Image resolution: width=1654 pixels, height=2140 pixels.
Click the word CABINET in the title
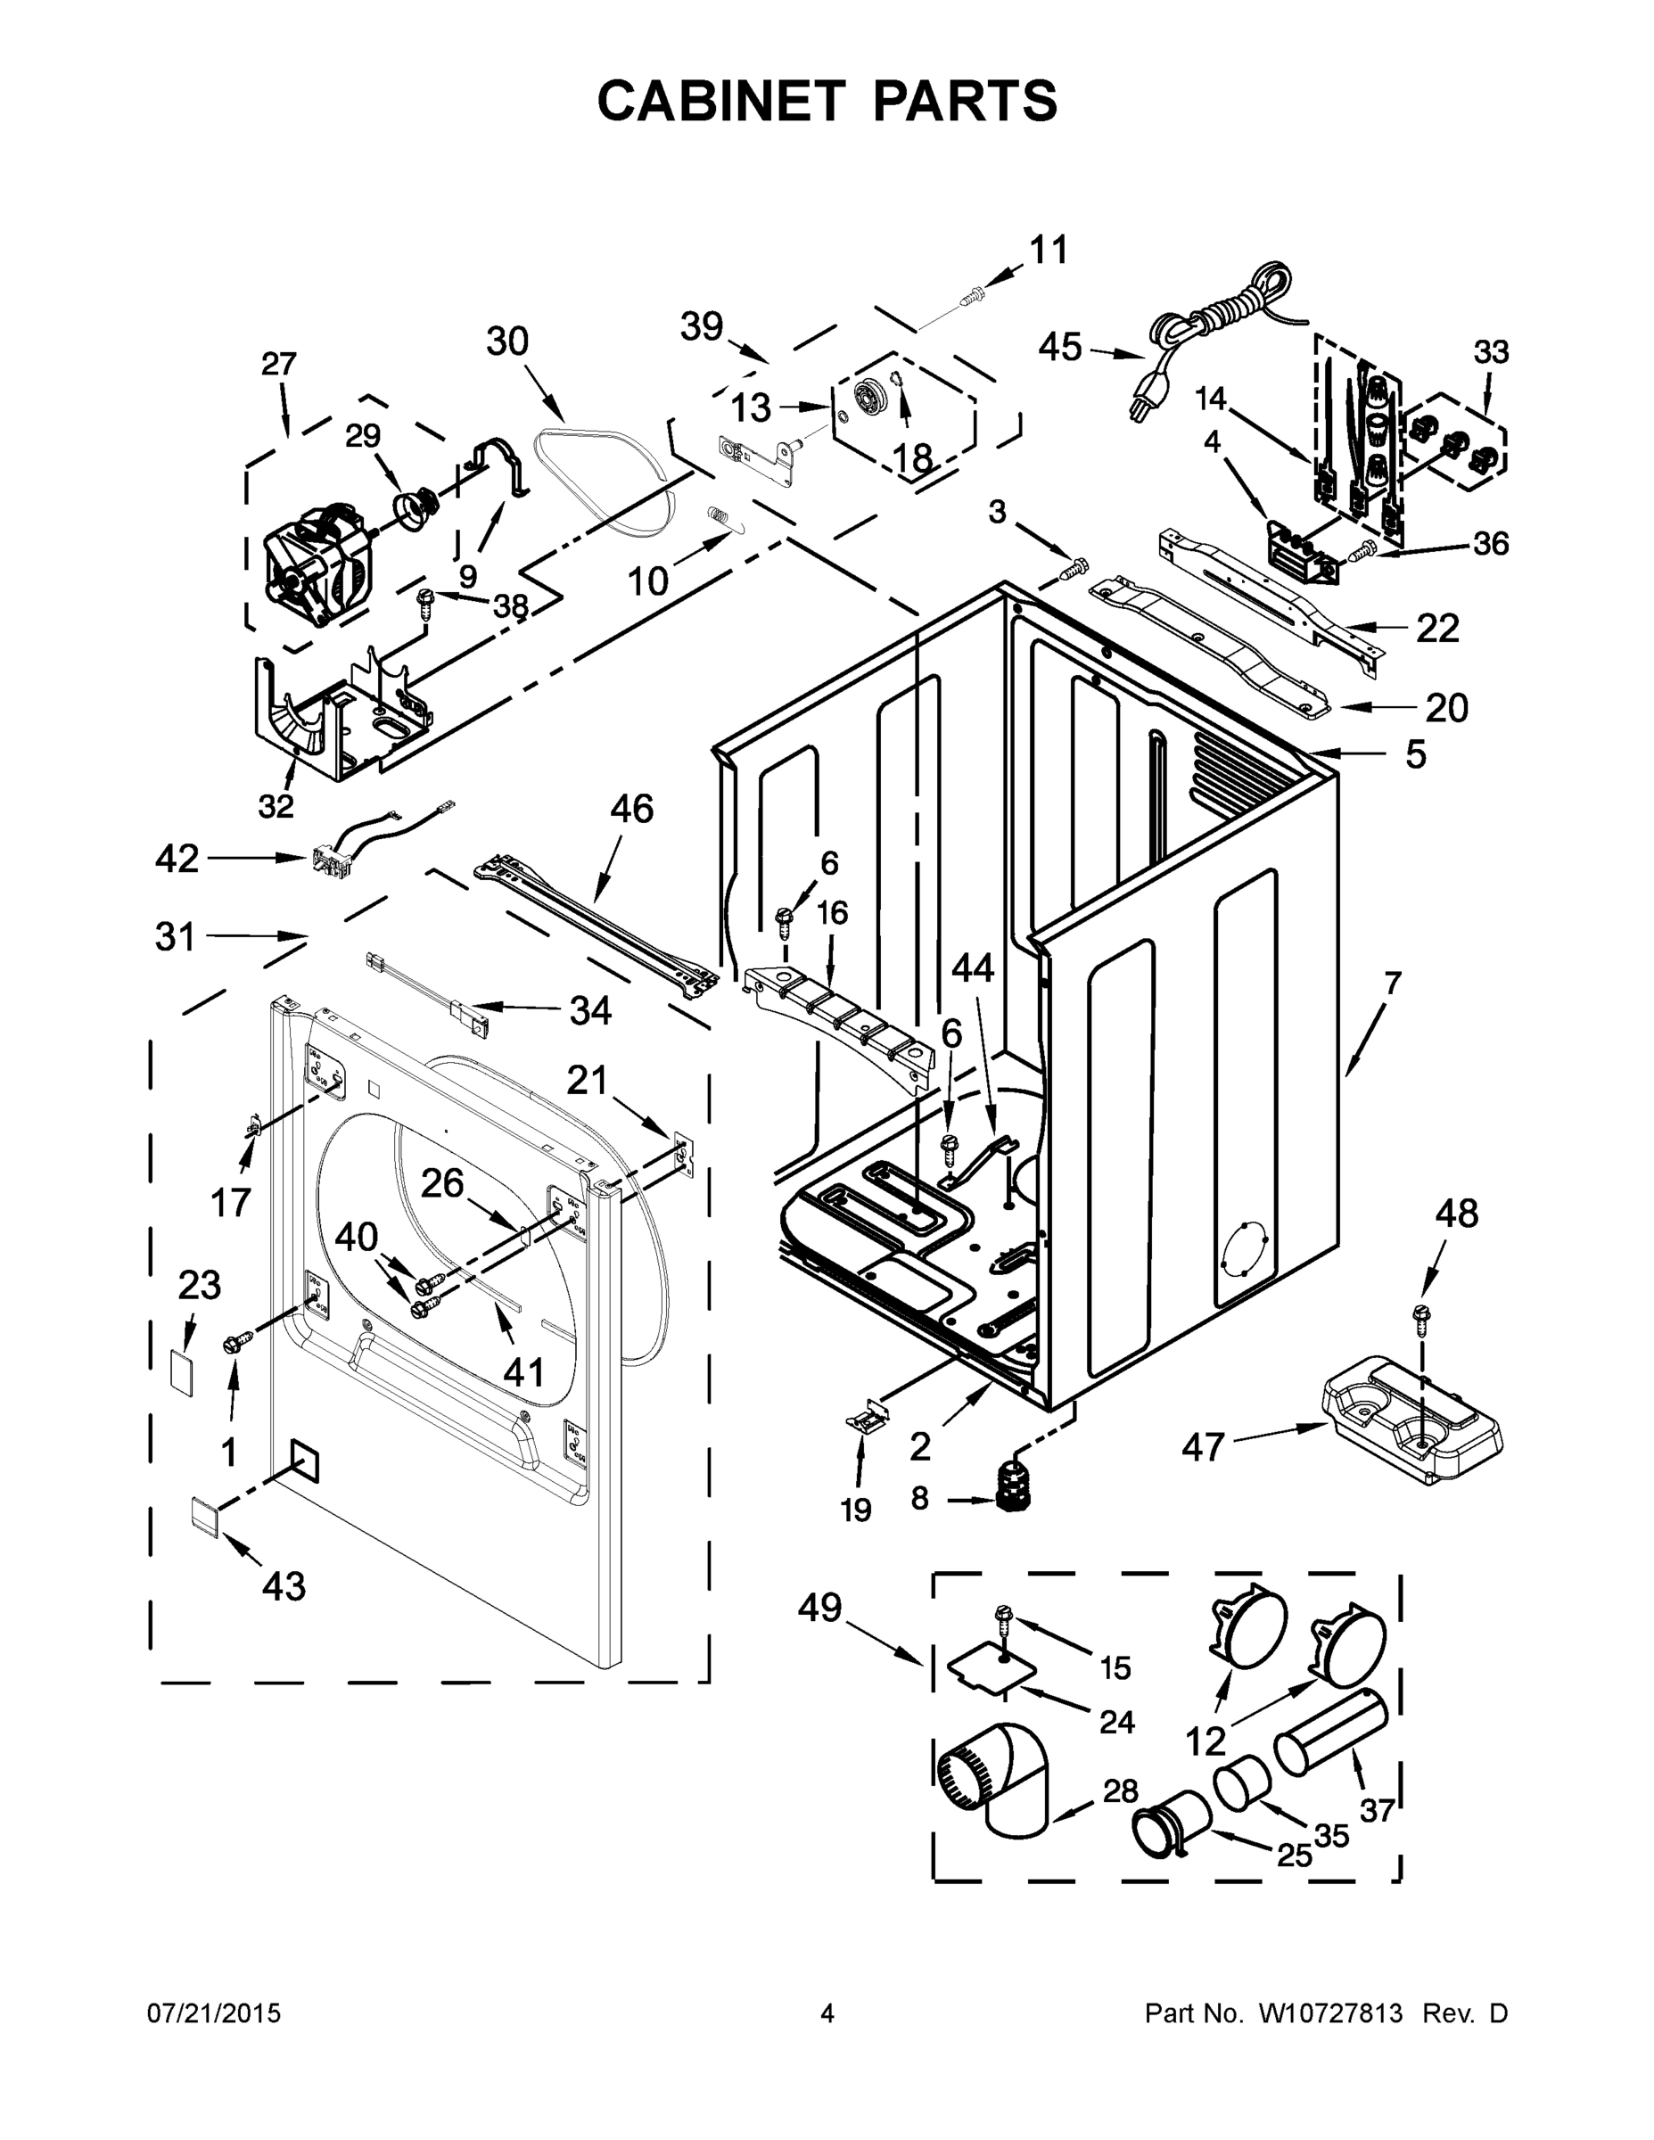tap(720, 101)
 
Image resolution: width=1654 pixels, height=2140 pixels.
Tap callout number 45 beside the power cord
tap(1060, 346)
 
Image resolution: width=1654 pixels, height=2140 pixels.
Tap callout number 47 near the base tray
tap(1202, 1446)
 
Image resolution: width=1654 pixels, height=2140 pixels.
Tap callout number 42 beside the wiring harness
tap(177, 860)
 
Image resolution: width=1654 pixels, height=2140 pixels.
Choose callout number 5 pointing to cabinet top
tap(1415, 754)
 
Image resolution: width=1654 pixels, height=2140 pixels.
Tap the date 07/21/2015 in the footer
tap(214, 2014)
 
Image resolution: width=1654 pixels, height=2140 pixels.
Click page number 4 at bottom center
tap(827, 2014)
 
